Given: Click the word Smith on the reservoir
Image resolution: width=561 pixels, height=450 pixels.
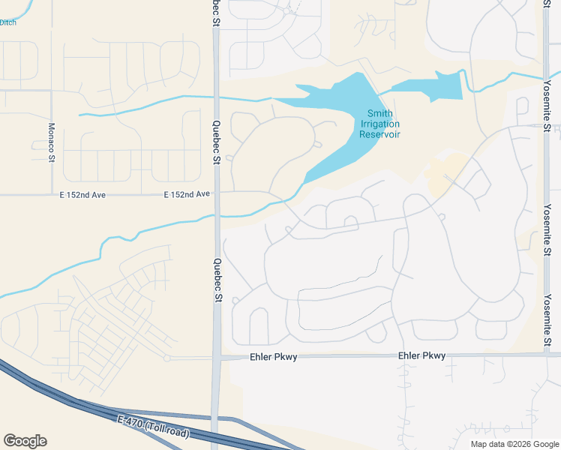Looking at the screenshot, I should click(379, 114).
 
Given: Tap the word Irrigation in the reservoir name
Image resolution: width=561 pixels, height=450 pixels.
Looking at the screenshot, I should click(379, 124).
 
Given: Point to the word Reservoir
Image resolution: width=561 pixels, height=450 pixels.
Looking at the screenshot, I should click(379, 134).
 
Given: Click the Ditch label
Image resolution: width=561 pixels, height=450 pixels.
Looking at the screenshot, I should click(7, 22).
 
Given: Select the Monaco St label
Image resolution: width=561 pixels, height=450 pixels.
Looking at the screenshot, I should click(52, 142).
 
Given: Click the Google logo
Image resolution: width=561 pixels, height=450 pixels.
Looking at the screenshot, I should click(25, 441).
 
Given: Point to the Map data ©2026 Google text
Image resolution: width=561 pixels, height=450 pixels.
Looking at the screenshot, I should click(514, 444).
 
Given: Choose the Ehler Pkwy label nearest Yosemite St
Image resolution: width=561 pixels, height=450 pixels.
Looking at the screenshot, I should click(421, 355).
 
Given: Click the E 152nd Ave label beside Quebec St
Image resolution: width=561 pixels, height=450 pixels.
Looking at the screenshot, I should click(187, 194).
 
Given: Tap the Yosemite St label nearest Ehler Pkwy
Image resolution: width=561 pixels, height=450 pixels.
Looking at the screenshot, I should click(547, 322).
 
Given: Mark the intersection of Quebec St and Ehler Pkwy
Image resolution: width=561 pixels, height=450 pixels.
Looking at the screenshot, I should click(217, 358).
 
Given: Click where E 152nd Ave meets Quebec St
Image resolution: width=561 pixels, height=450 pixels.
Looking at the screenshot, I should click(217, 194).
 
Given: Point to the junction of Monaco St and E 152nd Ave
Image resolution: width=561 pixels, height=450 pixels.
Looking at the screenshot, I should click(51, 195).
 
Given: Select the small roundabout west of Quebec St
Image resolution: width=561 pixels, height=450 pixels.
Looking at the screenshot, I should click(167, 358).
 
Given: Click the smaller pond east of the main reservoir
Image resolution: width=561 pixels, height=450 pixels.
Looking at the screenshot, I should click(427, 86).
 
